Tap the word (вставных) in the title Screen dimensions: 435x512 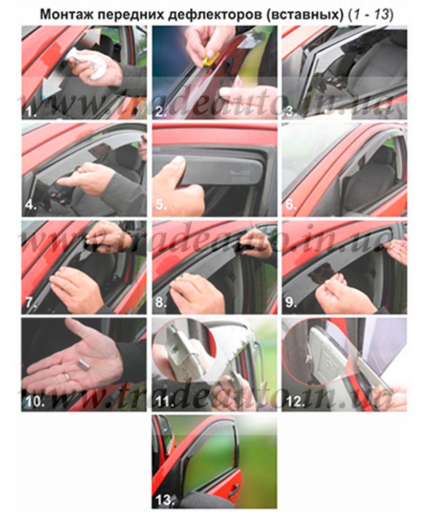tap(305, 15)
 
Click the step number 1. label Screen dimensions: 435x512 tap(31, 112)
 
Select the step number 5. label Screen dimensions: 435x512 tap(161, 205)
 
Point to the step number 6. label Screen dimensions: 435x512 tap(291, 205)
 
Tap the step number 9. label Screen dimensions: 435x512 tap(291, 303)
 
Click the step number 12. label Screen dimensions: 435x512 tap(295, 401)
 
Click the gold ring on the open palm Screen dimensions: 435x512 tap(67, 377)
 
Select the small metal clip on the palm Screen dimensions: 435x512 tap(84, 364)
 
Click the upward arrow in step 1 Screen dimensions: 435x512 tap(90, 36)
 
